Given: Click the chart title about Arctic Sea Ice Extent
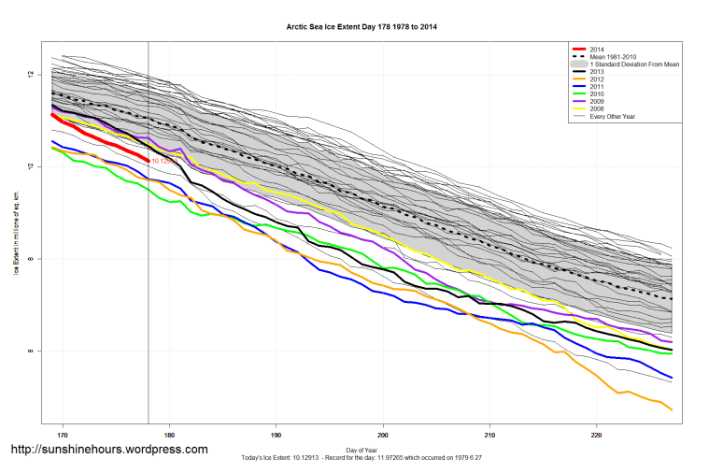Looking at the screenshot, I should click(x=361, y=27).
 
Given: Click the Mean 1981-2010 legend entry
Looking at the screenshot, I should click(x=611, y=57).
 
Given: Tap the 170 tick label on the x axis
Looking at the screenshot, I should click(x=63, y=435).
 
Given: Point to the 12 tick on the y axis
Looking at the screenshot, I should click(x=31, y=74).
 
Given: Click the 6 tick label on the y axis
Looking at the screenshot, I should click(x=31, y=351).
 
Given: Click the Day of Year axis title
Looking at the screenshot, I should click(x=361, y=450).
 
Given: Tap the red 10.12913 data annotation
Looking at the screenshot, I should click(x=164, y=161).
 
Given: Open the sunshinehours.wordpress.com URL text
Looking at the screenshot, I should click(x=108, y=450).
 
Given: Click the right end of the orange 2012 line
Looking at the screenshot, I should click(x=671, y=409).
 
